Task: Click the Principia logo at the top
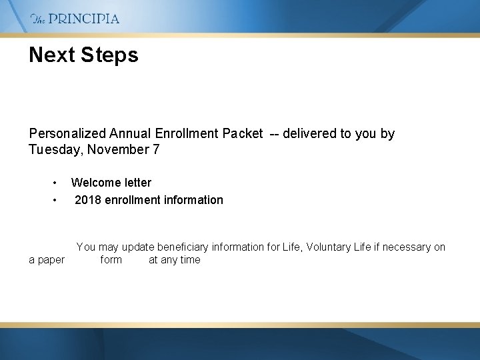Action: click(x=75, y=19)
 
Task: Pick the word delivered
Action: click(x=309, y=134)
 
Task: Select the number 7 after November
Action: click(x=156, y=150)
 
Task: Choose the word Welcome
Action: click(x=95, y=183)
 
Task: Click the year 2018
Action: click(x=88, y=200)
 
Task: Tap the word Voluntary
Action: click(x=329, y=247)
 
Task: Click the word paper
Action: click(x=51, y=260)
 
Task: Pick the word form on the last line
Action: click(x=111, y=260)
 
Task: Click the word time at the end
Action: click(x=189, y=260)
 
